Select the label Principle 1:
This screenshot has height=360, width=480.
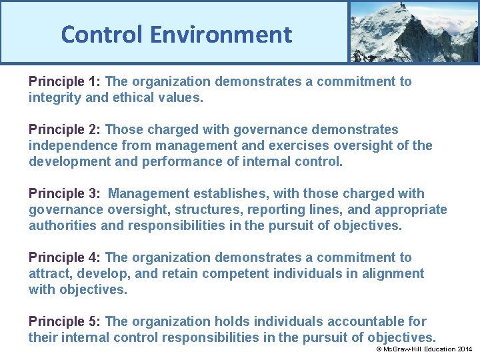click(65, 82)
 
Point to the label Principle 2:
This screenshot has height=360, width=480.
click(65, 130)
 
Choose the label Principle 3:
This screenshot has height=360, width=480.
click(65, 194)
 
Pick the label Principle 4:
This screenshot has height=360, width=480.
click(65, 258)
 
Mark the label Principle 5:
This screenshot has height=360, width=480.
click(65, 322)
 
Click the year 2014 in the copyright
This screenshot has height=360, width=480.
click(465, 349)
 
